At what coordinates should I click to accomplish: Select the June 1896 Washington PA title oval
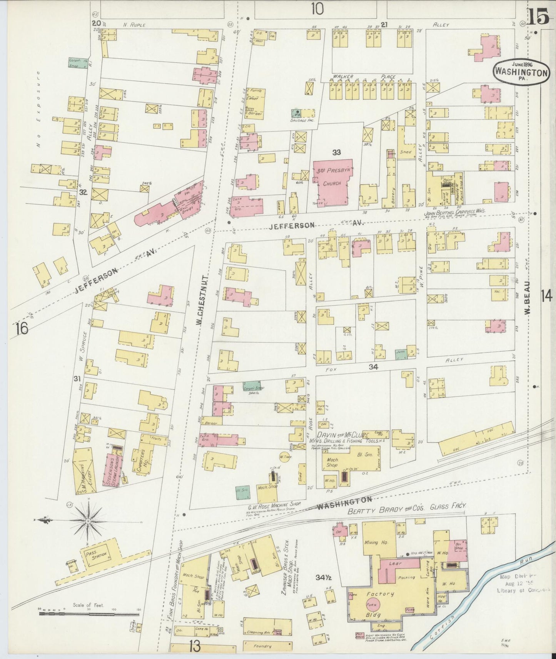tap(521, 72)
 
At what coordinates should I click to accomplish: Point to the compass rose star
tap(88, 521)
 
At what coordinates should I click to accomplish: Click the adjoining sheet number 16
tap(22, 329)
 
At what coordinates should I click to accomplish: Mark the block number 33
tap(337, 153)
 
